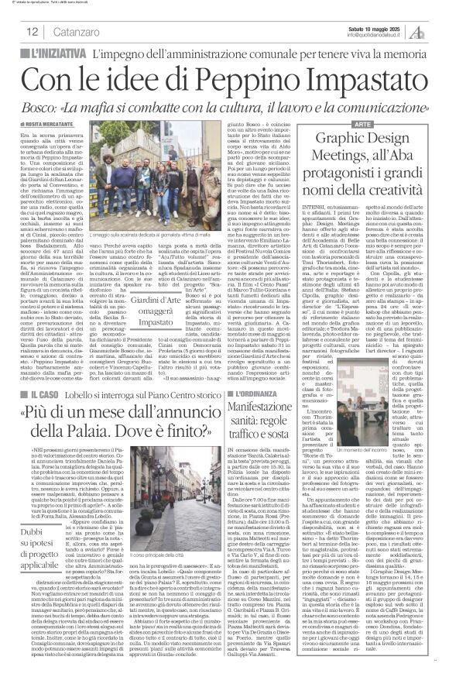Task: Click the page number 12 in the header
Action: (x=33, y=32)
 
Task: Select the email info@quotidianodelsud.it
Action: (x=376, y=35)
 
